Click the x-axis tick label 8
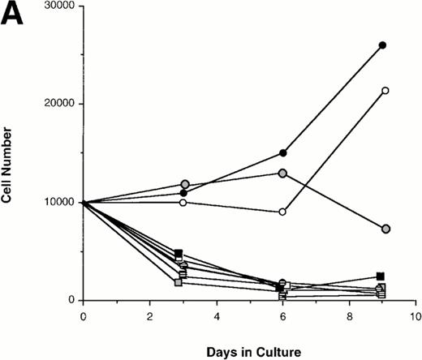pyautogui.click(x=349, y=315)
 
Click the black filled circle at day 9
pyautogui.click(x=382, y=45)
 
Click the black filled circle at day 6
pyautogui.click(x=282, y=152)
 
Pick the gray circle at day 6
pyautogui.click(x=282, y=173)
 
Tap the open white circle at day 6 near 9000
pyautogui.click(x=282, y=212)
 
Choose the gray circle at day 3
pyautogui.click(x=185, y=185)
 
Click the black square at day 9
pyautogui.click(x=381, y=276)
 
